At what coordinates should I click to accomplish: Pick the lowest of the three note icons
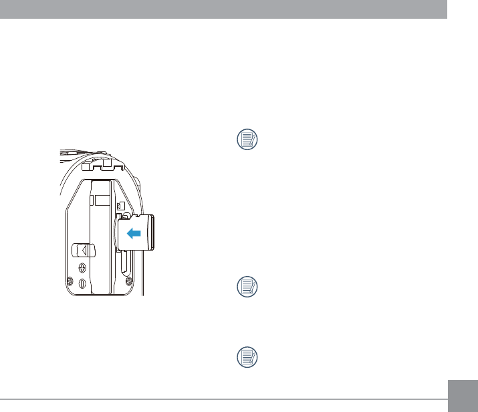tap(248, 358)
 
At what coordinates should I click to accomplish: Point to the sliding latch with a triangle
tap(84, 250)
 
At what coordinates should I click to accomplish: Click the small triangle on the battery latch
tap(85, 250)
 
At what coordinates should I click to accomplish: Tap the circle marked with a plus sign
tap(82, 267)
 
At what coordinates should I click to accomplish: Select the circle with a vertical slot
tap(82, 283)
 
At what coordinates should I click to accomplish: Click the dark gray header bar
tap(223, 9)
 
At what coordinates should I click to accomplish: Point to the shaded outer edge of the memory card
tap(151, 232)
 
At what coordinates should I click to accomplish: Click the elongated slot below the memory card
tap(124, 263)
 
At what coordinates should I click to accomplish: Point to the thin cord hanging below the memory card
tap(142, 275)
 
